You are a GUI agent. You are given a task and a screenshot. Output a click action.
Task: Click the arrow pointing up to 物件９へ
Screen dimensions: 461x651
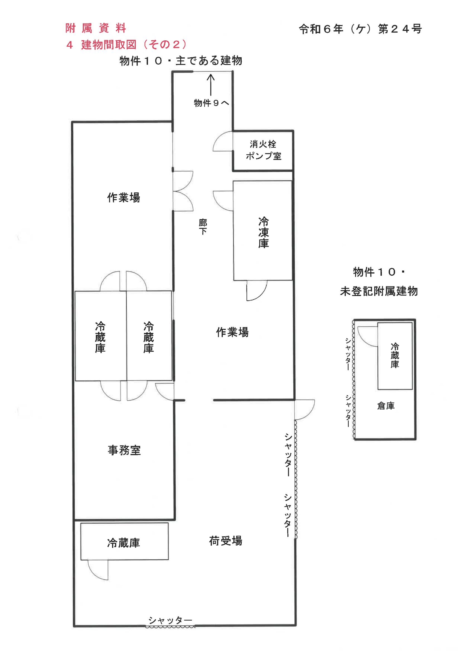211,85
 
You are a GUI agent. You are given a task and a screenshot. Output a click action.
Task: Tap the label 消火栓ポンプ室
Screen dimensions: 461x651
263,150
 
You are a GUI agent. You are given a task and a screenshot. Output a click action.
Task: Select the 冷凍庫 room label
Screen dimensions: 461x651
263,232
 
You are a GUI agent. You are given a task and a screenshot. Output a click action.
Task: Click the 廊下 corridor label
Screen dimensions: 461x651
203,227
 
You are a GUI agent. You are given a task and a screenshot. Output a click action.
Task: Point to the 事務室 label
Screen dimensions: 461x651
124,450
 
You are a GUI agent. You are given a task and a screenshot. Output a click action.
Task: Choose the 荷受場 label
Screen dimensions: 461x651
226,541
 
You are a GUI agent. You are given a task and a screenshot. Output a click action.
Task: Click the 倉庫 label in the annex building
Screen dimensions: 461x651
386,406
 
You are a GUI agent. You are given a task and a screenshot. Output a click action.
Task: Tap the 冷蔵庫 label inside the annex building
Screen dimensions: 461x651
395,356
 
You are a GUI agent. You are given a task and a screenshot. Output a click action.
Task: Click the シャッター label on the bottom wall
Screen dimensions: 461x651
170,620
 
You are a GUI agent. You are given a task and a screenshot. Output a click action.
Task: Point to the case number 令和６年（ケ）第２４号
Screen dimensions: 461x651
360,29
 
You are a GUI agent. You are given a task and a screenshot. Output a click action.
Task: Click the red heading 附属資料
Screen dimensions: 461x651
96,28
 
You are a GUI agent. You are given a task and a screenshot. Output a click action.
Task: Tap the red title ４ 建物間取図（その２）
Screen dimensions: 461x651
127,45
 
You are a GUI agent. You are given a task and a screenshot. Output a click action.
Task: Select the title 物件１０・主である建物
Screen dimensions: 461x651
181,61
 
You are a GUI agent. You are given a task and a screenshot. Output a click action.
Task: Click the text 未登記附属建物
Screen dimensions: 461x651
379,291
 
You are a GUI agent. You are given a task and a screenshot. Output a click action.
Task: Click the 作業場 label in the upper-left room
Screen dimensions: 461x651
123,197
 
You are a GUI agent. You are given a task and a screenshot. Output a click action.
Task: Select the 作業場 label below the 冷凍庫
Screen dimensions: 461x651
232,332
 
